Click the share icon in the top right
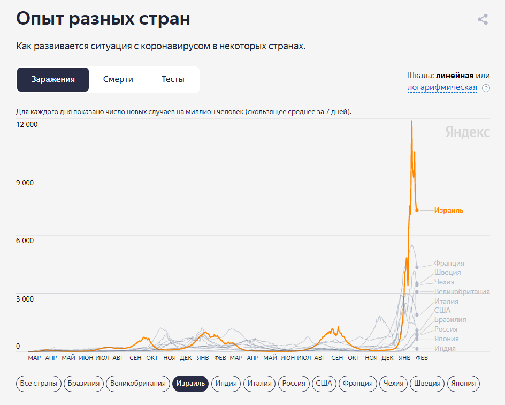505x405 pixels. (x=483, y=20)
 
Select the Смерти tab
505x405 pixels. (x=118, y=79)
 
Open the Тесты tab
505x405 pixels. (x=173, y=79)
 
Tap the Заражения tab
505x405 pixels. (x=52, y=79)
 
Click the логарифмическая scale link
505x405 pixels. (x=442, y=87)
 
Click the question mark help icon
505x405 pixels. (x=486, y=88)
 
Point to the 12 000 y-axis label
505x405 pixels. (x=27, y=125)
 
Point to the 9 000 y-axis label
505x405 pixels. (x=25, y=183)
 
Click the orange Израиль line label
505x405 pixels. (x=449, y=211)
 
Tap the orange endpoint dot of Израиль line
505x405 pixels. (x=417, y=210)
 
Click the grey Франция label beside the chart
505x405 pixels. (x=449, y=264)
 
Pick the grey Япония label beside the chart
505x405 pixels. (x=446, y=339)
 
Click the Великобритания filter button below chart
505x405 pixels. (x=137, y=383)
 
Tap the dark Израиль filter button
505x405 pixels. (x=190, y=383)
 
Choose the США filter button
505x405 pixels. (x=324, y=383)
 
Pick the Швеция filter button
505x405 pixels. (x=426, y=383)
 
